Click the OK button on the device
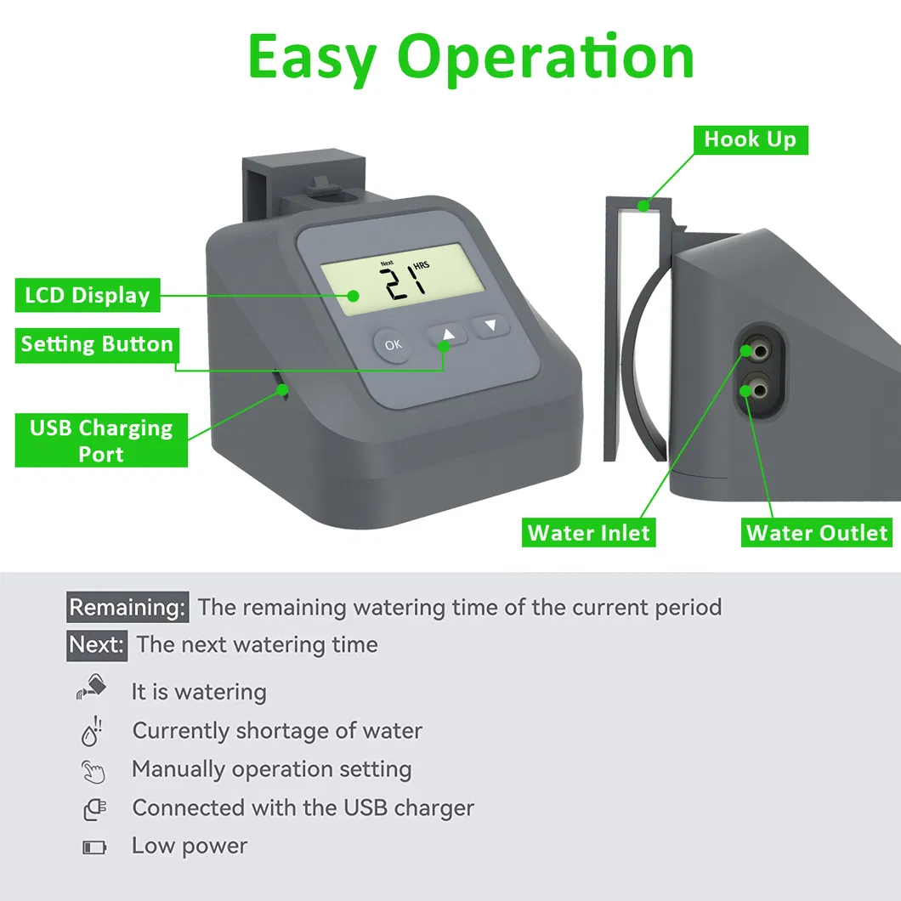(393, 345)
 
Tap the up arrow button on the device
(448, 335)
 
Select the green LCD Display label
(88, 295)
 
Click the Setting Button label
(97, 345)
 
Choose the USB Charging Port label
(101, 440)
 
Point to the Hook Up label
(751, 139)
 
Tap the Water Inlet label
(588, 533)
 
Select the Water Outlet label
(817, 533)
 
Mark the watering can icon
(91, 687)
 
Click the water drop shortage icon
(92, 731)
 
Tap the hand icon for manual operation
(93, 772)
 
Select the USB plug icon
(95, 810)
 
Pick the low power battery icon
(95, 847)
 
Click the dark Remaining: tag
(127, 607)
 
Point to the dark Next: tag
(97, 645)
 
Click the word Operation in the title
(546, 58)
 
